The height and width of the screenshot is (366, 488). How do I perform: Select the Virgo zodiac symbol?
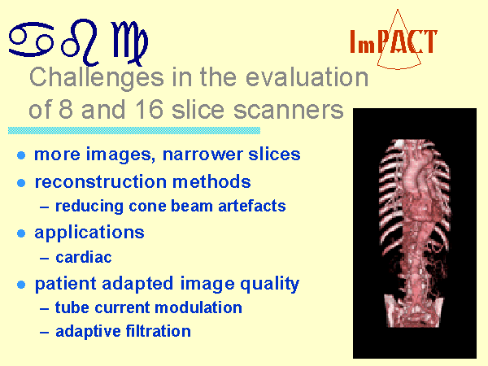tap(129, 42)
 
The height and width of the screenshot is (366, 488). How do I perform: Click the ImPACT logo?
tap(394, 41)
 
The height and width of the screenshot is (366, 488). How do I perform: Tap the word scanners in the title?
tap(289, 110)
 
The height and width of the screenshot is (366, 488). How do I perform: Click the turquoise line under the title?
tap(134, 130)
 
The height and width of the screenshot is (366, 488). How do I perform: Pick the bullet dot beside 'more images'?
tap(21, 155)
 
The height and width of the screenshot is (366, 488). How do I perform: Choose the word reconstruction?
tap(101, 181)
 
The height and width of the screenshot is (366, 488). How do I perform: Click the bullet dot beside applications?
tap(21, 233)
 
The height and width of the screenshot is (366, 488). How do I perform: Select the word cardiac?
tap(84, 257)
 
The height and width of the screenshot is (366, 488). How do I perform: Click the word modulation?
tap(198, 307)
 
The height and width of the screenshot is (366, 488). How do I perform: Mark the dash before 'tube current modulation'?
tap(45, 309)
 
